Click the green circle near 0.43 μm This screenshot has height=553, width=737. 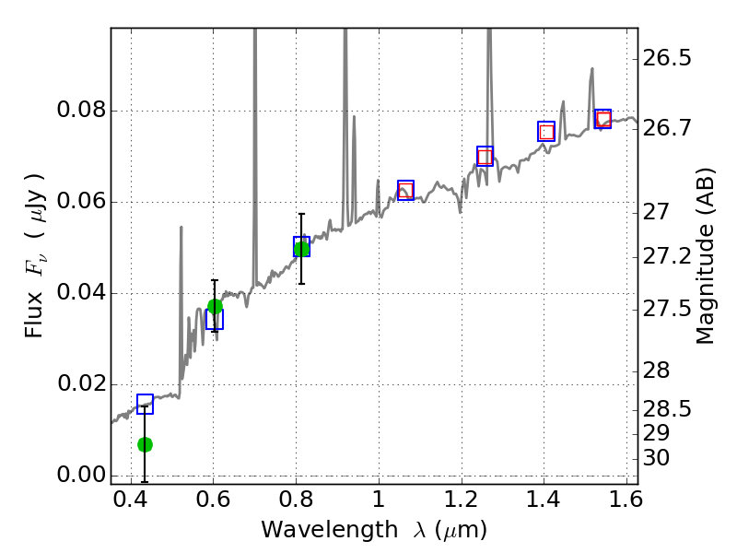[x=145, y=444]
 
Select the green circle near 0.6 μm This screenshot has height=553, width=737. [x=215, y=306]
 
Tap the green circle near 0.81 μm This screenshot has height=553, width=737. [x=301, y=248]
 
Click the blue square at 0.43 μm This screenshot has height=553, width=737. [x=145, y=404]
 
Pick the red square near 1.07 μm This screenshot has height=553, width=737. [x=405, y=190]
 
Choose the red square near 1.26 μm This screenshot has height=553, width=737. [x=485, y=157]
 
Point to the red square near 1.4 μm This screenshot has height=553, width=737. [x=546, y=132]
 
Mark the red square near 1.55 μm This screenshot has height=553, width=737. [x=602, y=119]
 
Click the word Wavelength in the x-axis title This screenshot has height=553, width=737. [x=314, y=530]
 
